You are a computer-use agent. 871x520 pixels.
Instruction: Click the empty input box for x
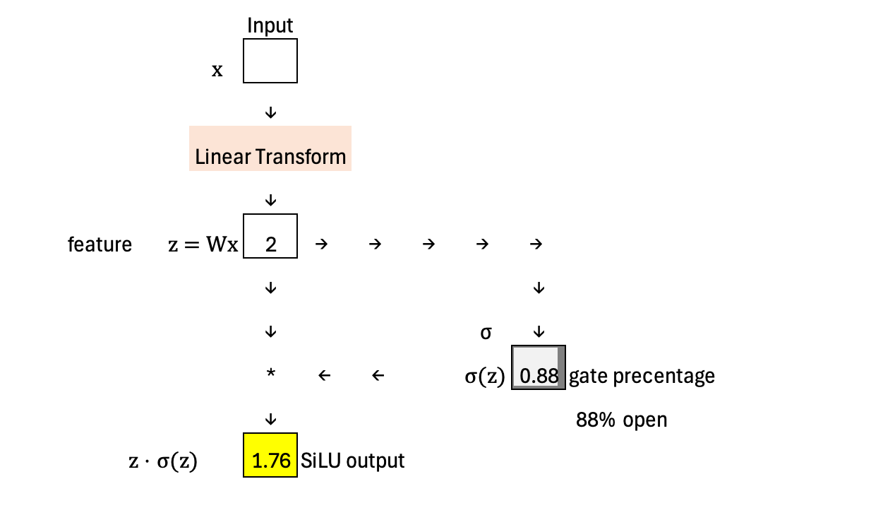(x=270, y=61)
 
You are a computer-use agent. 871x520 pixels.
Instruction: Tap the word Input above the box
(x=270, y=26)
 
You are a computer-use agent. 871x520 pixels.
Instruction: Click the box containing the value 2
(x=270, y=237)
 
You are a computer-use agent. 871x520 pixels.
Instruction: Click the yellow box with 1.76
(x=270, y=455)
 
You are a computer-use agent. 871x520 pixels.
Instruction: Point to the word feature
(x=100, y=244)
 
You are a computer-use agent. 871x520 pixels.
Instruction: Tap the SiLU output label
(x=353, y=461)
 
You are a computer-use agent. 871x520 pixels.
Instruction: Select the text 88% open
(x=621, y=420)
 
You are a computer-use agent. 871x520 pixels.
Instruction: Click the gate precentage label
(x=642, y=376)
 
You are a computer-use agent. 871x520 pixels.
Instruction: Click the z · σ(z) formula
(x=162, y=463)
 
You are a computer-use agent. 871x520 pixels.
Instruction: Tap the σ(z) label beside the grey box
(x=485, y=377)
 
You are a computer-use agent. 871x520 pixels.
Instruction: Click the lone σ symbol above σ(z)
(x=486, y=332)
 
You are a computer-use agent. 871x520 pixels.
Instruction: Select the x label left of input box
(x=217, y=70)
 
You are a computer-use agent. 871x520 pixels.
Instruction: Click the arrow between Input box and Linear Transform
(x=270, y=113)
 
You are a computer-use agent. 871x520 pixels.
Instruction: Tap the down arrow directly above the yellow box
(x=270, y=420)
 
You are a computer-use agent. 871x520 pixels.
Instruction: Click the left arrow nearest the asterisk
(x=324, y=376)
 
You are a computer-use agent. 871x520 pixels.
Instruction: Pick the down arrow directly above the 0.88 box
(x=539, y=331)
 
